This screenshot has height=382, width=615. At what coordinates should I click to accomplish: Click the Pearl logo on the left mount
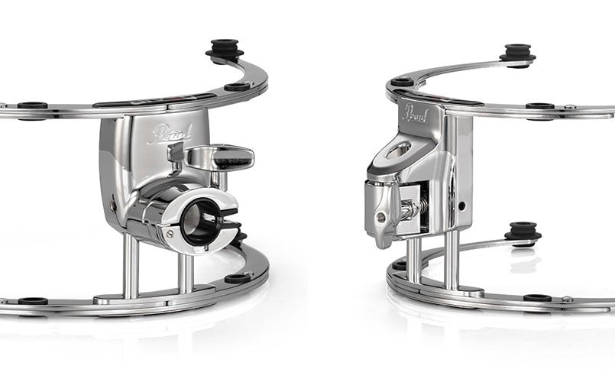(169, 134)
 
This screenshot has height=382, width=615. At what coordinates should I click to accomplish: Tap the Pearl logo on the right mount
(416, 114)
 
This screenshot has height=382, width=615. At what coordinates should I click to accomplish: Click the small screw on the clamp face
(170, 234)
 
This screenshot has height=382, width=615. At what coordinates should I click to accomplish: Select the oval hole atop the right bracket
(398, 151)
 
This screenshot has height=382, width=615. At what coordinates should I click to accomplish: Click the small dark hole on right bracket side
(462, 206)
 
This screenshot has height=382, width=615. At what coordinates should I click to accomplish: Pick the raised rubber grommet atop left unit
(225, 50)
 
